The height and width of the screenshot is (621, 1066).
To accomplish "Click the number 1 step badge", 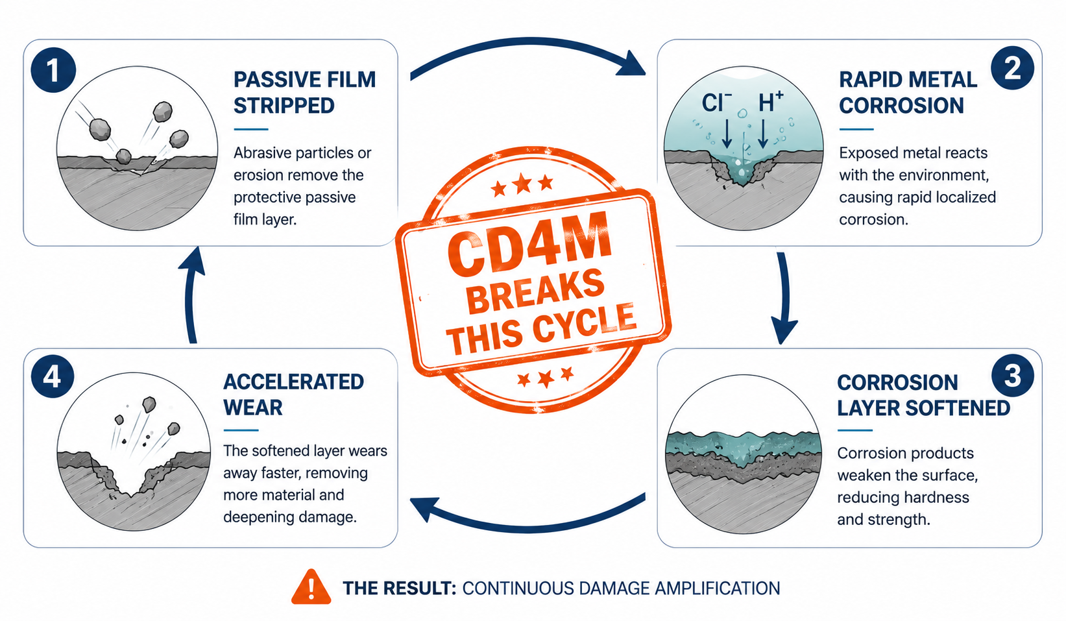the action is click(x=53, y=70).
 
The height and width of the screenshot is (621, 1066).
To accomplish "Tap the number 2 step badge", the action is click(x=1012, y=68).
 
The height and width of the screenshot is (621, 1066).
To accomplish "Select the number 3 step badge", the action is click(x=1013, y=375).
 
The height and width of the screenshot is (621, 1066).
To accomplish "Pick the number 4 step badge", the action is click(x=53, y=377).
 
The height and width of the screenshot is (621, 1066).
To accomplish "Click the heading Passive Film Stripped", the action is click(x=304, y=92).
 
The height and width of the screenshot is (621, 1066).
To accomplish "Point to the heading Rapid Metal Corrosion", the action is click(x=908, y=92).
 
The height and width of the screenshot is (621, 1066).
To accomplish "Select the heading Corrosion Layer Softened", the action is click(x=923, y=395).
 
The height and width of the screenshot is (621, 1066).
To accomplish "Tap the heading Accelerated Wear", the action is click(x=294, y=395).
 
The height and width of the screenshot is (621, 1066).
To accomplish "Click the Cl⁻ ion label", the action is click(x=717, y=103).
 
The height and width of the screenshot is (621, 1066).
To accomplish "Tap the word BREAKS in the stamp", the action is click(x=535, y=292).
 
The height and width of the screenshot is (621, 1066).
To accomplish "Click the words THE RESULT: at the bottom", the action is click(x=399, y=588).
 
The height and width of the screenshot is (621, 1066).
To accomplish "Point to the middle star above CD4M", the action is click(x=522, y=184).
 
